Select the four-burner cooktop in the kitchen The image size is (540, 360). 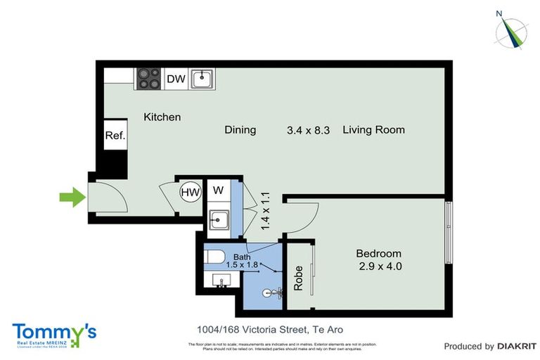(x=148, y=78)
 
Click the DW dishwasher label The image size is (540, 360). (x=176, y=79)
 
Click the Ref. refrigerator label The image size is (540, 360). (x=115, y=136)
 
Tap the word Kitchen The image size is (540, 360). (x=162, y=117)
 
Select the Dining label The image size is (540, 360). (x=240, y=130)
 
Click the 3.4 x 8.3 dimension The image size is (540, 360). (x=308, y=130)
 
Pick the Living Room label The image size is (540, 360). (x=373, y=130)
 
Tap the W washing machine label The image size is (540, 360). (x=218, y=190)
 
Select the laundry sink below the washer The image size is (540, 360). (x=219, y=221)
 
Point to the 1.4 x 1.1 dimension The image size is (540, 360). (x=265, y=208)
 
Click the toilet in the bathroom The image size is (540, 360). (x=215, y=257)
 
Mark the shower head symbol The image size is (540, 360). (x=268, y=292)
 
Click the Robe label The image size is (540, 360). (x=298, y=279)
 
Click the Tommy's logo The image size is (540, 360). (x=55, y=333)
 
